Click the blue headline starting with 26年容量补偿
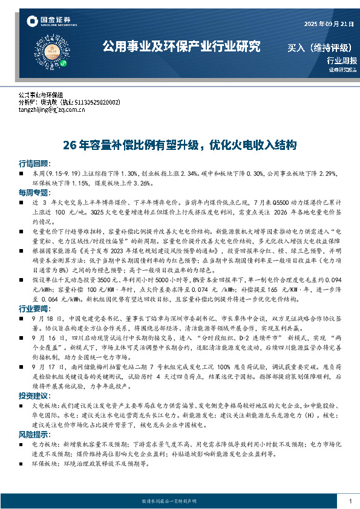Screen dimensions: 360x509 coord(180,145)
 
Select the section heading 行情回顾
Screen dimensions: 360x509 coord(34,164)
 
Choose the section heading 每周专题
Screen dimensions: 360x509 coord(34,191)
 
